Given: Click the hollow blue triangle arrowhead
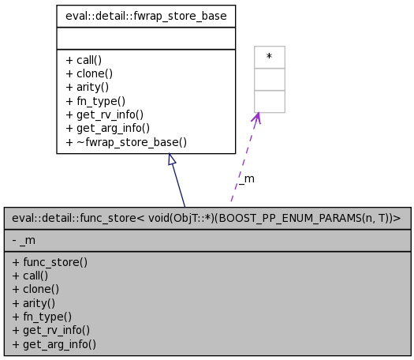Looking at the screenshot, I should coord(171,159).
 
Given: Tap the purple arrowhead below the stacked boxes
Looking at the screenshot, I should coord(256,118).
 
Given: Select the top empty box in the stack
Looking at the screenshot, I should coord(269,57).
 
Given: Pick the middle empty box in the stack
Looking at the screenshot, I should coord(269,79).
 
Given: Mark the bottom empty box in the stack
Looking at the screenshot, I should coord(269,101).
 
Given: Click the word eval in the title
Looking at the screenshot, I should coord(24,218).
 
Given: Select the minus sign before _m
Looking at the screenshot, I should coord(15,240).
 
